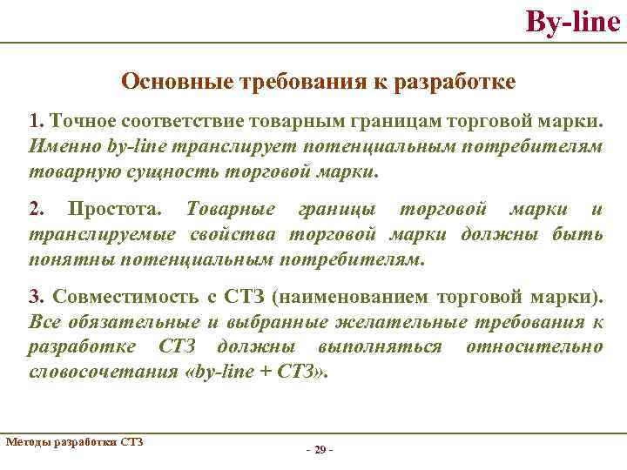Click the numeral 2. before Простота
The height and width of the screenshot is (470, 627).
tap(37, 210)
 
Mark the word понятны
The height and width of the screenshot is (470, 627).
tap(71, 259)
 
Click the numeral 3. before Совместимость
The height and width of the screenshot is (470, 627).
tap(37, 298)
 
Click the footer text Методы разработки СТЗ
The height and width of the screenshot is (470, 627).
tap(73, 441)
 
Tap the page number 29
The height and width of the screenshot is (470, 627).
tap(319, 449)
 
